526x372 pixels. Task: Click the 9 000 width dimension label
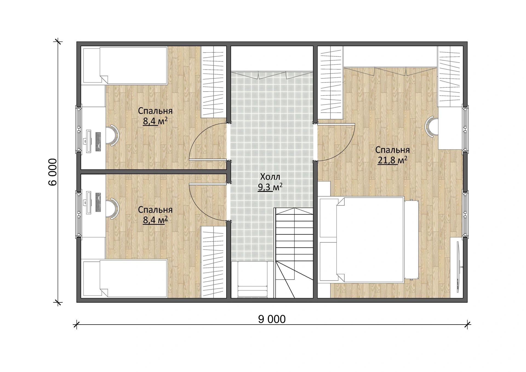point(271,319)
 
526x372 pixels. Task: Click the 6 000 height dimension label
point(53,172)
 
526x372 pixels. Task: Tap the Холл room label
point(270,176)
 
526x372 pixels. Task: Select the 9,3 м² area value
point(270,187)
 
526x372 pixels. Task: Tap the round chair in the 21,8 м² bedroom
point(431,126)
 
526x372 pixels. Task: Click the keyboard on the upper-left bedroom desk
point(98,141)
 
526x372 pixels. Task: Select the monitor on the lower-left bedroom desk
point(88,203)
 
